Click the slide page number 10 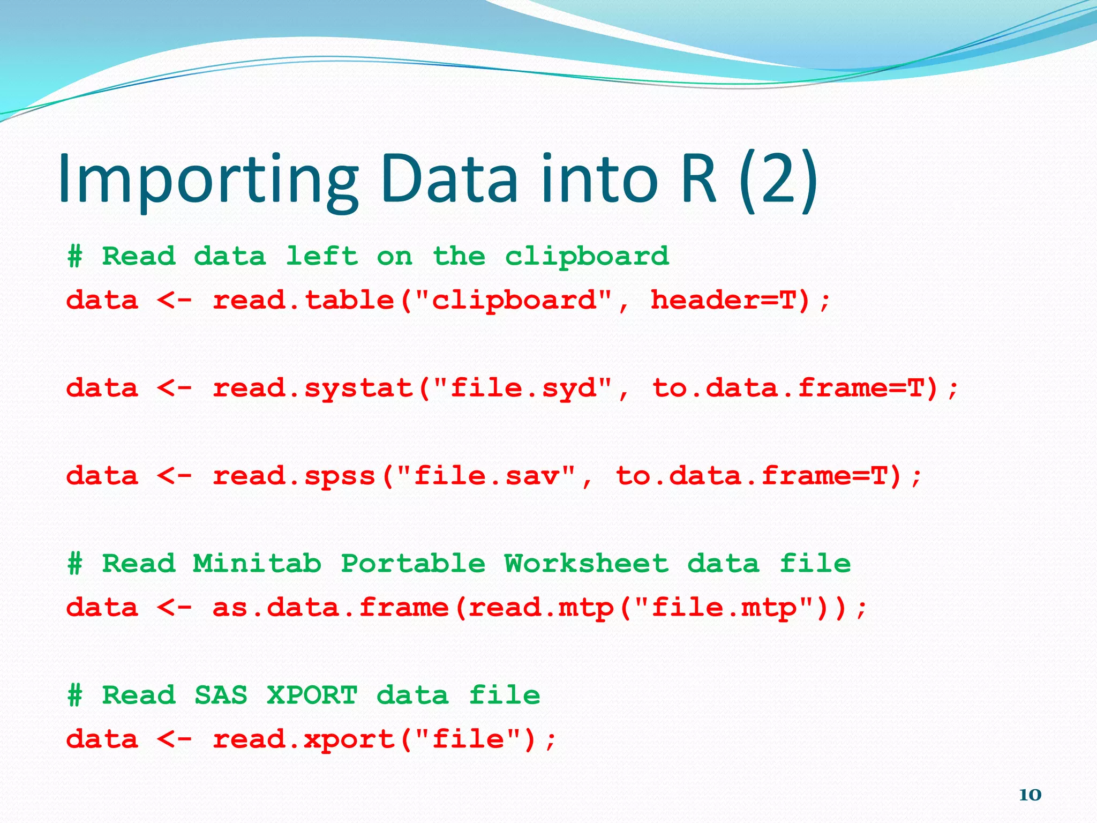[x=1030, y=795]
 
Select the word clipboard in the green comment [x=587, y=257]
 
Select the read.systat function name [x=313, y=388]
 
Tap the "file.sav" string [x=486, y=476]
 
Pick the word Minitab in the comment [x=257, y=564]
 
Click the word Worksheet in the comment [x=587, y=564]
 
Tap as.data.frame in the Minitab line [x=330, y=608]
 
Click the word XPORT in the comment [x=312, y=695]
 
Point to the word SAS [x=221, y=695]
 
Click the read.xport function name [x=304, y=740]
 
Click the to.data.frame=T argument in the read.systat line [x=795, y=388]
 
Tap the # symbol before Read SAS [x=75, y=695]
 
